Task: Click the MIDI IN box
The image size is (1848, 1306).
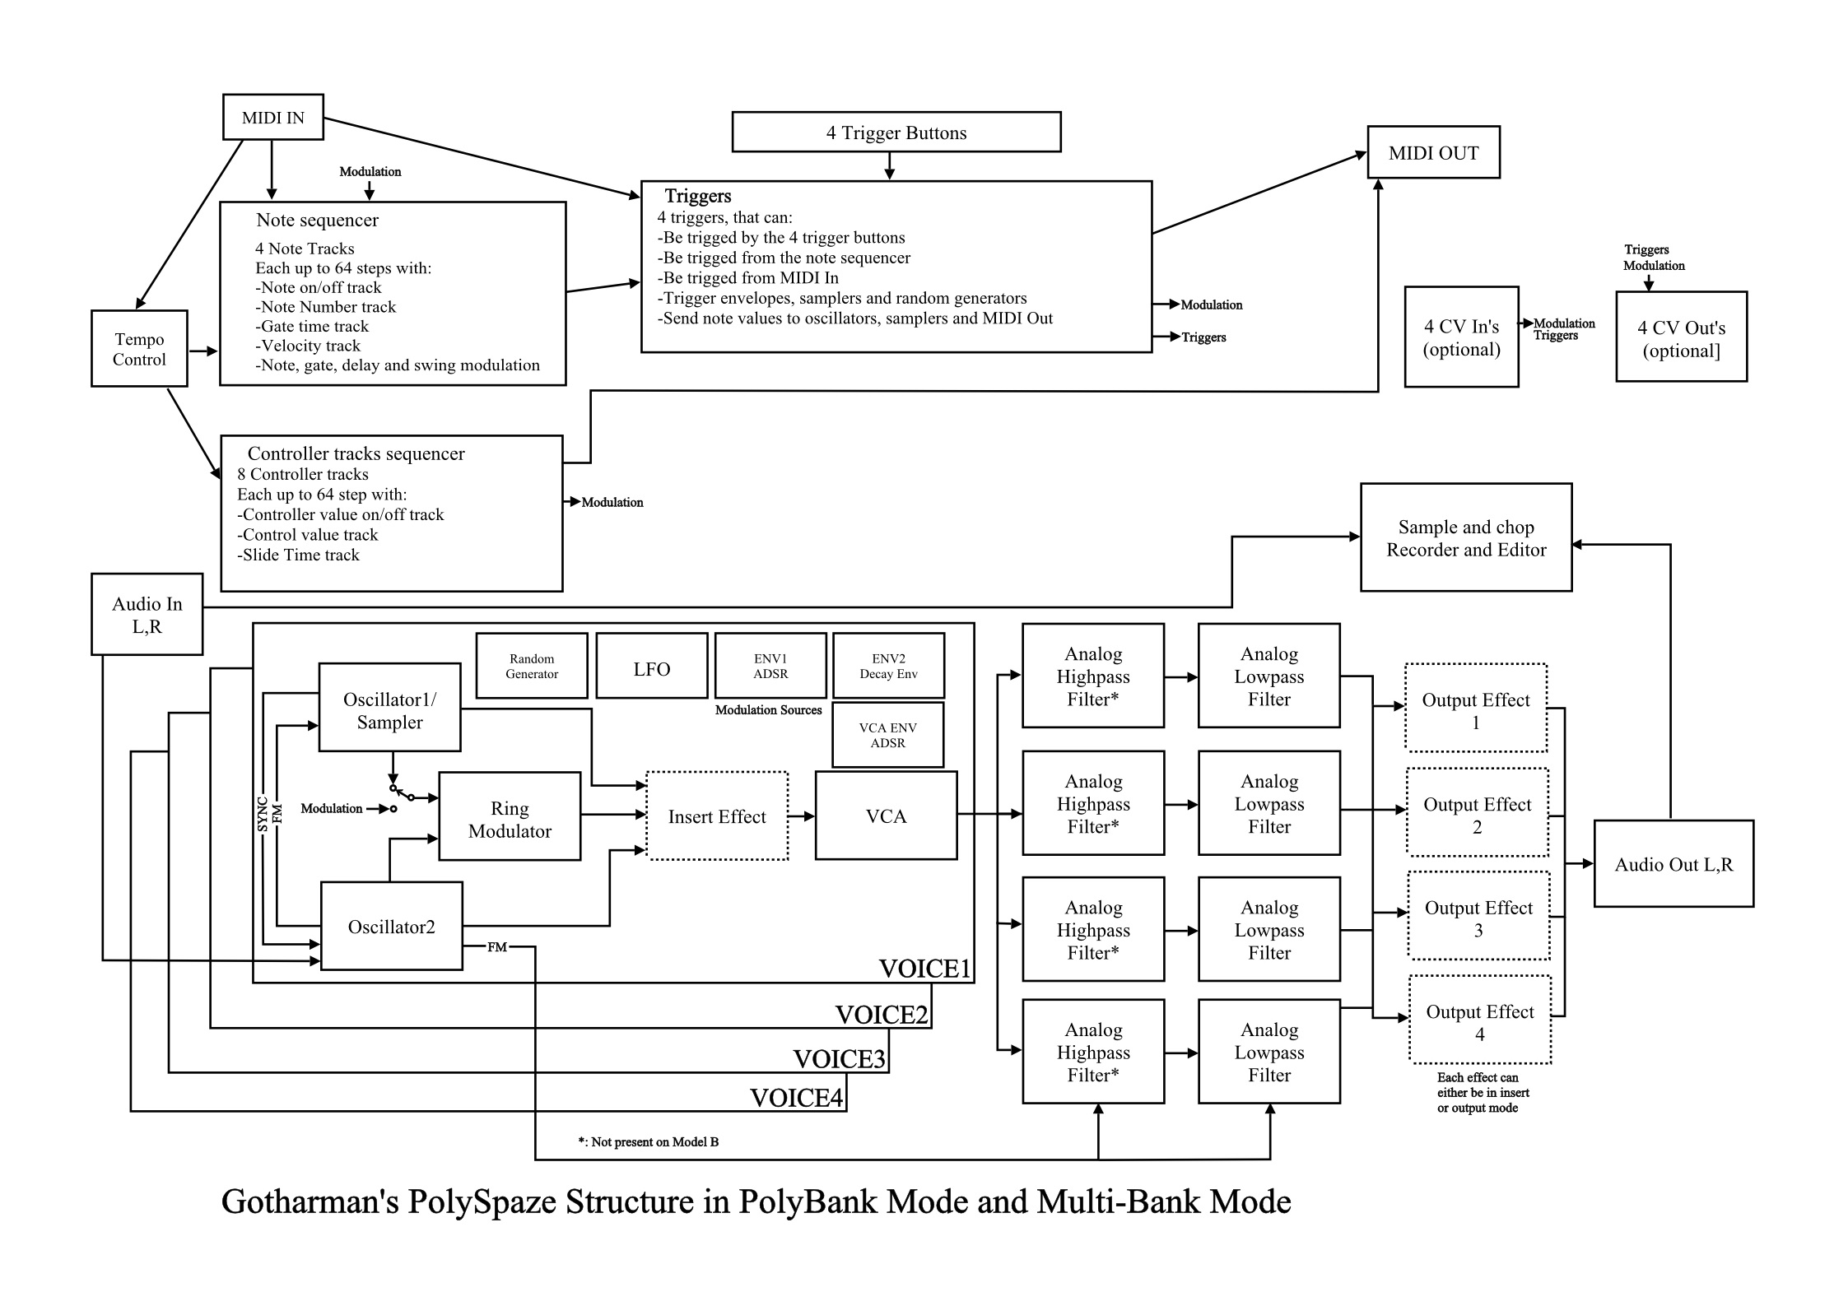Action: [273, 117]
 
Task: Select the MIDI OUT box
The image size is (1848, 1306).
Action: [1433, 152]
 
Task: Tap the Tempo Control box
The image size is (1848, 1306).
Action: [139, 348]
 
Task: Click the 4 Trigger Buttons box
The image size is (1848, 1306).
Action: [896, 132]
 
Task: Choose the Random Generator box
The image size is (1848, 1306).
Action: [532, 666]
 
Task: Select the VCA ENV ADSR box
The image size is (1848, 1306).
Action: [887, 735]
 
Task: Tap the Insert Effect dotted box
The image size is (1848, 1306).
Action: [717, 816]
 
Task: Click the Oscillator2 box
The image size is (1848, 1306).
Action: [391, 927]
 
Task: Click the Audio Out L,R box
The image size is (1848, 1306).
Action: [1673, 864]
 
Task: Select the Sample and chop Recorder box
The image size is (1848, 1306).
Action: [1466, 537]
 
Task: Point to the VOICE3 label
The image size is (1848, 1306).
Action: [839, 1058]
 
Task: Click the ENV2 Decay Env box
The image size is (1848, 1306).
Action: [888, 666]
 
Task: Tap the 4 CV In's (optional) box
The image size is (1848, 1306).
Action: [1461, 337]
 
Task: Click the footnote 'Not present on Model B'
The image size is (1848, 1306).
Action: [649, 1141]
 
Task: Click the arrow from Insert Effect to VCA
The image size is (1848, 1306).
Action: [802, 816]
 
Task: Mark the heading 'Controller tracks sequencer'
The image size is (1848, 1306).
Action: [356, 453]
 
